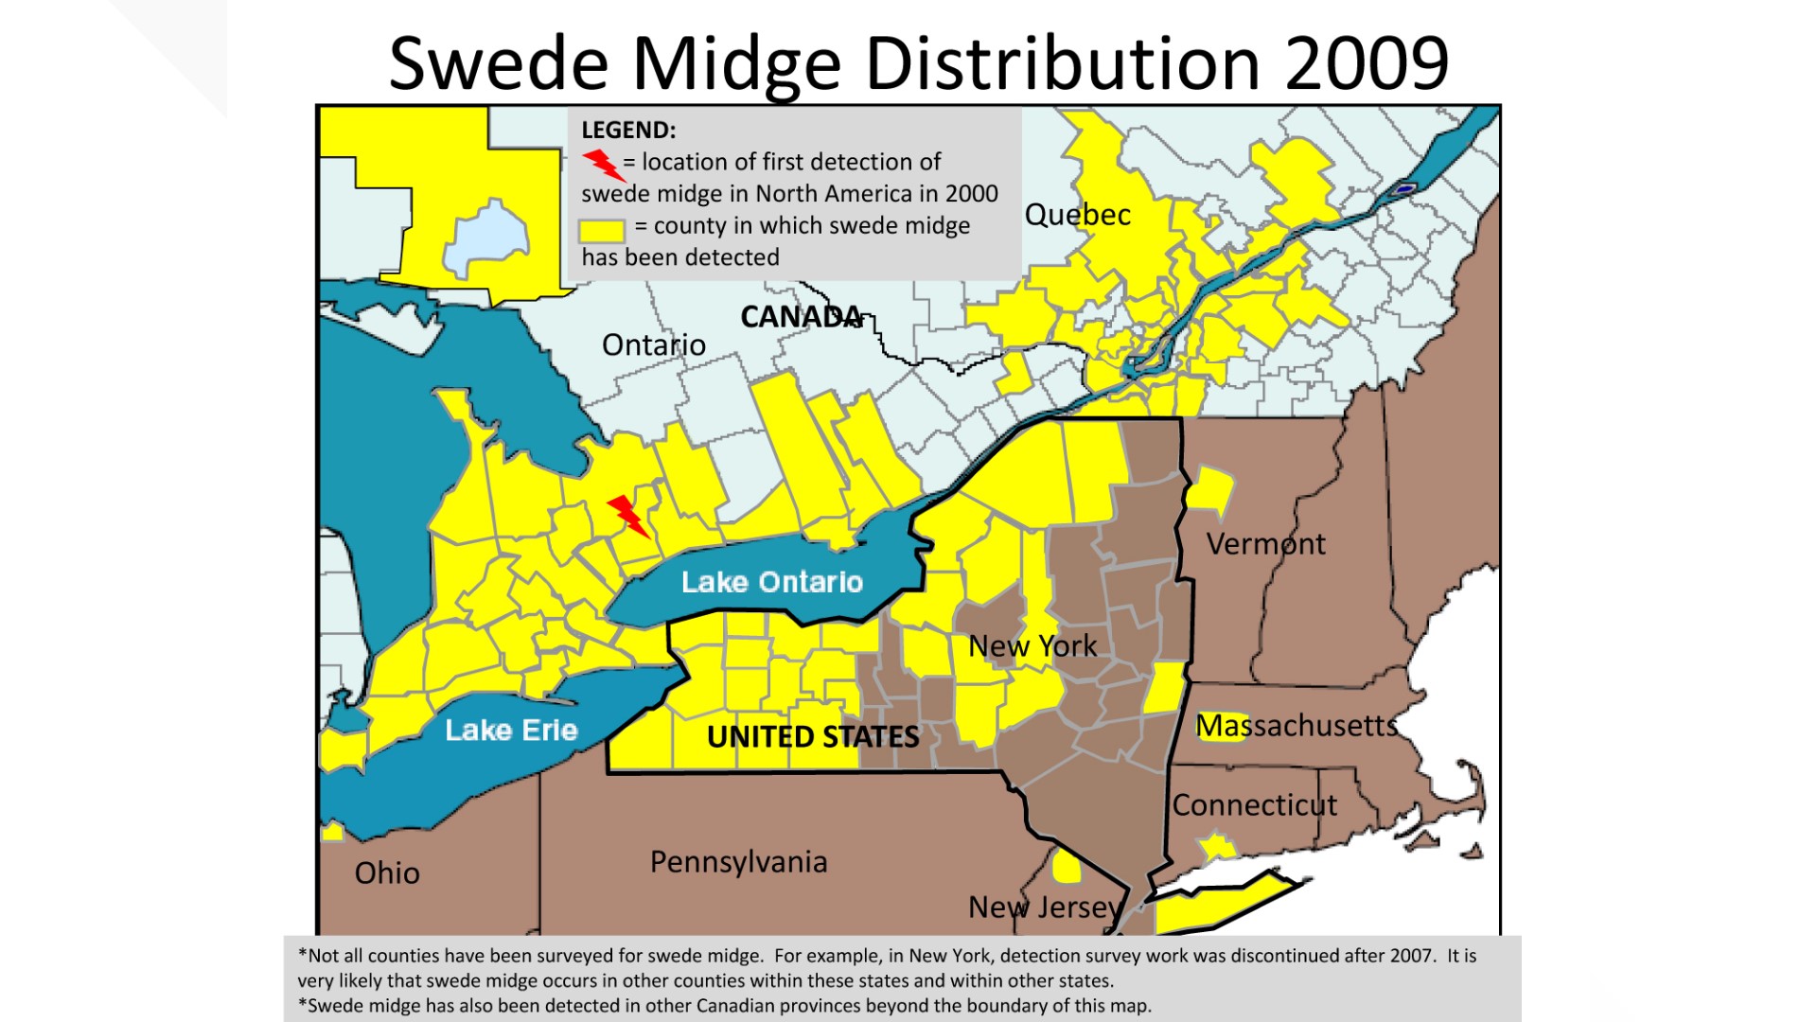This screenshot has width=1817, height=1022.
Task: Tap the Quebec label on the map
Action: click(1077, 215)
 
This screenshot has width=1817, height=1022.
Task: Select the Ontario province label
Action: click(654, 345)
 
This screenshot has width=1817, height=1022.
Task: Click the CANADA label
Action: click(801, 317)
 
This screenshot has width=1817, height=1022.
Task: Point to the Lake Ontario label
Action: click(772, 582)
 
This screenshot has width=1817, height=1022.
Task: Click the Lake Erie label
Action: click(511, 731)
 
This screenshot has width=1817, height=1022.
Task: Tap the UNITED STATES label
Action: click(813, 737)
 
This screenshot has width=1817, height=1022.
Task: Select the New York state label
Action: click(1032, 646)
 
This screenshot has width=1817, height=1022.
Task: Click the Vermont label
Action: click(1265, 544)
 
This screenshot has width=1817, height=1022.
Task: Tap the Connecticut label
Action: click(1254, 805)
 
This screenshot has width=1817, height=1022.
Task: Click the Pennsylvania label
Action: click(738, 862)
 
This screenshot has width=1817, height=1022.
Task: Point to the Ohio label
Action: click(387, 872)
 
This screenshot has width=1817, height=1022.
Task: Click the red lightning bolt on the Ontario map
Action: click(627, 516)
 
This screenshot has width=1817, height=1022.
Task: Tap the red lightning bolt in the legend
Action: click(603, 165)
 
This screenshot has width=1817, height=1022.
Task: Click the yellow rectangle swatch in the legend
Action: click(602, 230)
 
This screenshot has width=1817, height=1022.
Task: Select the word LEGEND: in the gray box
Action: click(628, 131)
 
